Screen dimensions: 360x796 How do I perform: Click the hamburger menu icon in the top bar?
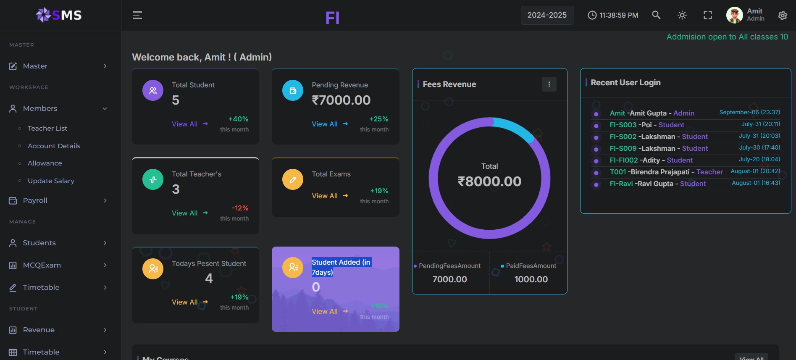point(137,16)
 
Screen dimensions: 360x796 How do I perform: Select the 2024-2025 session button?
point(547,16)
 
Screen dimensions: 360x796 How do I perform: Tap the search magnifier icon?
point(656,15)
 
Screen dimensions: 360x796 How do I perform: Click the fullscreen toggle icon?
point(708,16)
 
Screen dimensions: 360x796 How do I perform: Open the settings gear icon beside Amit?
point(782,16)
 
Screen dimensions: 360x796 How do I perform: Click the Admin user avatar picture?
point(734,15)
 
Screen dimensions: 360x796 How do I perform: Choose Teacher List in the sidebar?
point(47,129)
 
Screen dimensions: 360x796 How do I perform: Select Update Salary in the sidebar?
point(51,181)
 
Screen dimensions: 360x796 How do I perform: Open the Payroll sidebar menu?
point(35,201)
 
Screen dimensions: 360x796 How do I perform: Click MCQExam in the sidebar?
point(42,265)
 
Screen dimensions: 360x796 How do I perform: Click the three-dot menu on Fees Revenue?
point(549,84)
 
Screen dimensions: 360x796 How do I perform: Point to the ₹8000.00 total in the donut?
point(489,181)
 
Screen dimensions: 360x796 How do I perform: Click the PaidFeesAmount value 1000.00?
point(531,279)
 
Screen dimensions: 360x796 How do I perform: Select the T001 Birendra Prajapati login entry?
point(666,172)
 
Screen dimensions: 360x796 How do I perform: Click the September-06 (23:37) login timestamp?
point(749,113)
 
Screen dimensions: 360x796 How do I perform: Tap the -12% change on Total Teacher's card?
point(240,208)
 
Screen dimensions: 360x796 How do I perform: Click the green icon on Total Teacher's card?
point(153,180)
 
